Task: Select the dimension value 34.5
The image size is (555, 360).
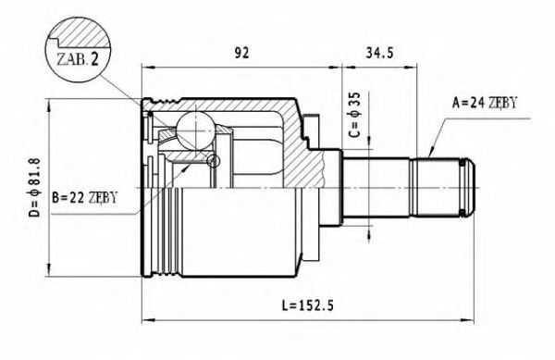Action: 381,52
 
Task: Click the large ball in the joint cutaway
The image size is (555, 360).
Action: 196,128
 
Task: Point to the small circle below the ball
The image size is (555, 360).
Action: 215,162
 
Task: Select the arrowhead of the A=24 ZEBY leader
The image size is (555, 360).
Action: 432,153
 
